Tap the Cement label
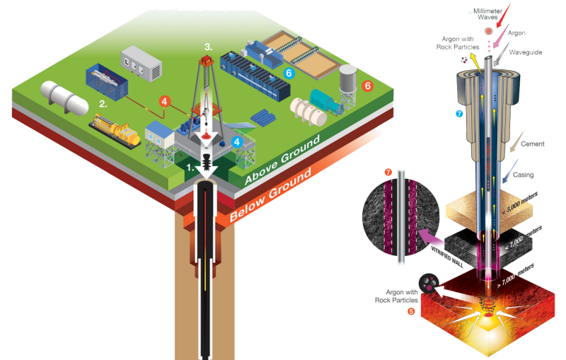pos(532,144)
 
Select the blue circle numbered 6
pos(288,72)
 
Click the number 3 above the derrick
pos(208,47)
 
